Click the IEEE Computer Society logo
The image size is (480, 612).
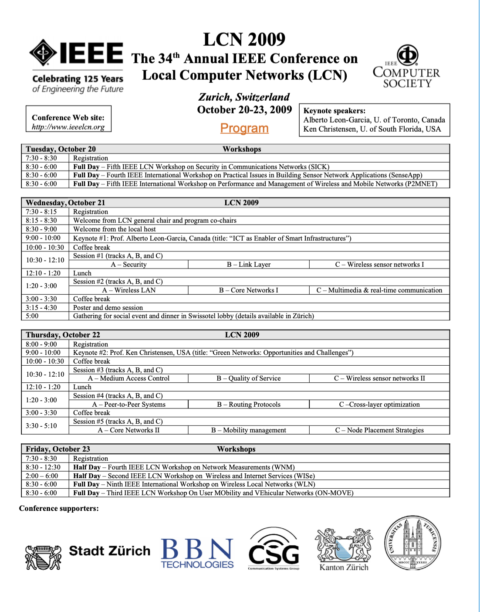(x=406, y=67)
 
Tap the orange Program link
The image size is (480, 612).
(x=244, y=128)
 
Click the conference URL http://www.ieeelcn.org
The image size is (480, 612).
(x=68, y=127)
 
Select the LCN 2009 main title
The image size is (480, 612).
(x=244, y=40)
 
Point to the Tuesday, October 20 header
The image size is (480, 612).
(x=61, y=149)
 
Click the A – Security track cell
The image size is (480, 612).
(x=129, y=265)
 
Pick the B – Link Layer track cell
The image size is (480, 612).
(x=249, y=265)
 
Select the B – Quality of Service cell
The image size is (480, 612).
(x=249, y=378)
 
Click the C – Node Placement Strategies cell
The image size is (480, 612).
(x=379, y=430)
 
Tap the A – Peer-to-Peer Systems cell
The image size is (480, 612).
(x=129, y=405)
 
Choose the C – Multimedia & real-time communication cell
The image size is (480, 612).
(x=379, y=290)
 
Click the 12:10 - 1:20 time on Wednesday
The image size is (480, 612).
(x=43, y=273)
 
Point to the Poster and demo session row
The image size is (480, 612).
(x=108, y=308)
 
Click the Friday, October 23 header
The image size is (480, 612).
(x=58, y=449)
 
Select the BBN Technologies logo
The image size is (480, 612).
(x=197, y=553)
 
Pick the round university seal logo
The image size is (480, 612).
(x=412, y=543)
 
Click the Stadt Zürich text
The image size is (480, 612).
(x=110, y=551)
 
